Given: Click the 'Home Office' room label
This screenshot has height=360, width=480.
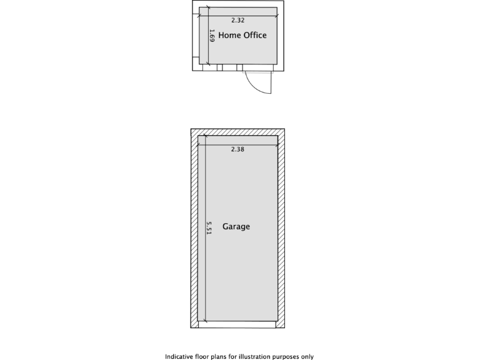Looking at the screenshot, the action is tap(242, 36).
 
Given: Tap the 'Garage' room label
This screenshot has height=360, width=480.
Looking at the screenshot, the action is tap(236, 226).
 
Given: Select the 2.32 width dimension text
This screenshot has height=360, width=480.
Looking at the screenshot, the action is tap(237, 20).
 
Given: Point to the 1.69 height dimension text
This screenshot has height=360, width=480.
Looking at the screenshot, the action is tap(212, 36).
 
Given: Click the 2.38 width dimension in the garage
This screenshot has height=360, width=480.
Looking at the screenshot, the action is tap(237, 149).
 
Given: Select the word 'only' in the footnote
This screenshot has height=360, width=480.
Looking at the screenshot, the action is tap(307, 357).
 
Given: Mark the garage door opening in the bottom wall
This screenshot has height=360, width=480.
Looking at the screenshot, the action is tap(237, 324).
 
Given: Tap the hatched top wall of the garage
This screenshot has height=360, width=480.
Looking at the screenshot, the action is tap(237, 132).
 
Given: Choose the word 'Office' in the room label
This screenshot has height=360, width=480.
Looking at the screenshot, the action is tap(254, 36).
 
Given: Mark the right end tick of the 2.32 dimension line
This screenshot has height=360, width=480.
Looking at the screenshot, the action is tap(276, 15).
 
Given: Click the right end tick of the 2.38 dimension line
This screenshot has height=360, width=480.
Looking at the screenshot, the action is tap(277, 144).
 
